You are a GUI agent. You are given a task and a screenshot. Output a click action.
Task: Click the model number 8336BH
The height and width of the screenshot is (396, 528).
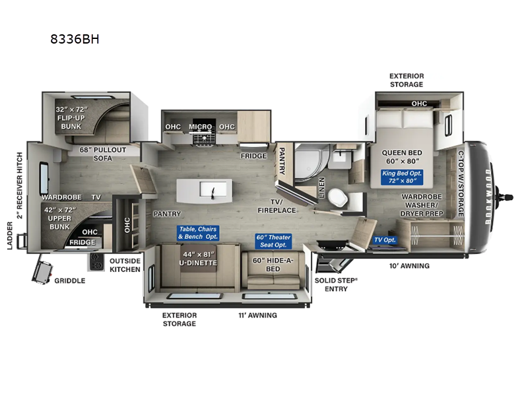[x=75, y=38]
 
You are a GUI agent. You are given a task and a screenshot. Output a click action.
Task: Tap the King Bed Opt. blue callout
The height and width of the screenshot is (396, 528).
[x=402, y=176]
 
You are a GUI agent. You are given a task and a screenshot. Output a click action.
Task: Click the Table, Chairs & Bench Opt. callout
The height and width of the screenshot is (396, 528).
[x=197, y=233]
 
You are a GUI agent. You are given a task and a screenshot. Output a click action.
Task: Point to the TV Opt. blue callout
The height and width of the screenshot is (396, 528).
[x=385, y=240]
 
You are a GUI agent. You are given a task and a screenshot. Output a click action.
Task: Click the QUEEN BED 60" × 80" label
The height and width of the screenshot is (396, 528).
[x=402, y=156]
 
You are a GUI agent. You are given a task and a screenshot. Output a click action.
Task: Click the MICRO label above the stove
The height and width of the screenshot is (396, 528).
[x=201, y=127]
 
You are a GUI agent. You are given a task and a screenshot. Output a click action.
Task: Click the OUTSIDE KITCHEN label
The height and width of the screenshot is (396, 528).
[x=125, y=265]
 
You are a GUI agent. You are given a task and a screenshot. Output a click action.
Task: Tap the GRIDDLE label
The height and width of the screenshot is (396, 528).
[x=69, y=280]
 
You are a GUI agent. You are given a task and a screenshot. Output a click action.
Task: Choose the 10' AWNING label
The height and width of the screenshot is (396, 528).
[x=409, y=266]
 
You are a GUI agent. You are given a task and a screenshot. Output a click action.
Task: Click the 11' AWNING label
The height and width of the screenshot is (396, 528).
[x=257, y=315]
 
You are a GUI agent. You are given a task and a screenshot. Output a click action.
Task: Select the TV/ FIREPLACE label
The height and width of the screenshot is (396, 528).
[x=277, y=206]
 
